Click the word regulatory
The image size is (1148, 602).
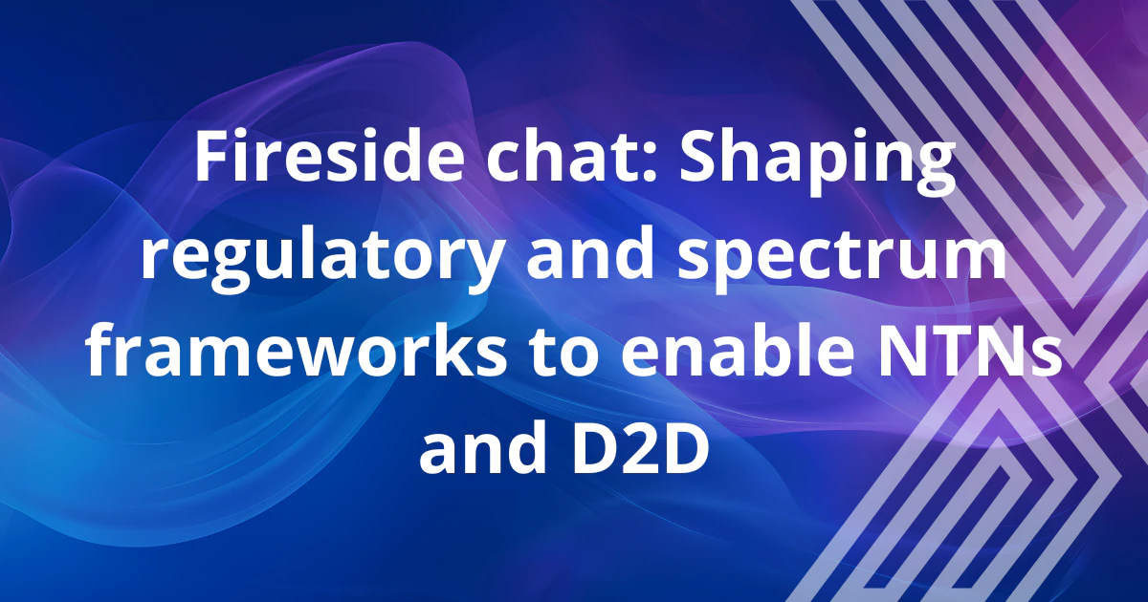tap(320, 259)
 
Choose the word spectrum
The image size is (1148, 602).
tap(842, 259)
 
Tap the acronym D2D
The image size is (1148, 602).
tap(641, 447)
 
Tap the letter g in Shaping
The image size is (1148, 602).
tap(934, 171)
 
